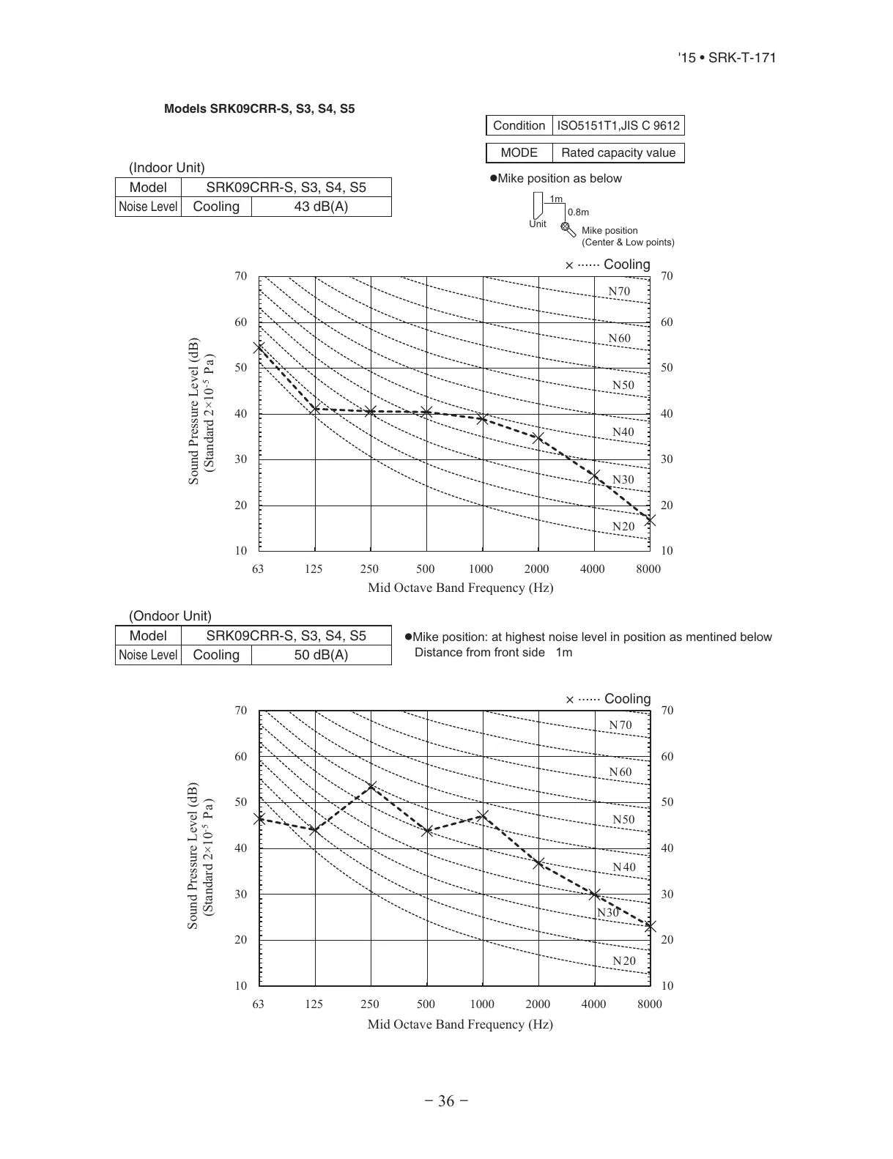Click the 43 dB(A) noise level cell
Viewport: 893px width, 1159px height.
321,207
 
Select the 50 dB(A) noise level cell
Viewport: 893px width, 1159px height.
321,655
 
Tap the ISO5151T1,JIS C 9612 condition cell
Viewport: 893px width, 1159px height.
618,125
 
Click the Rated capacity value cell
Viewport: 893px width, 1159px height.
618,152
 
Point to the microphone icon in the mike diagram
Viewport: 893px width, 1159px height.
568,229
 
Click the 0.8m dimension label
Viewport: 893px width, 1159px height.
578,212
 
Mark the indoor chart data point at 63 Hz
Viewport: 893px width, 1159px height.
259,348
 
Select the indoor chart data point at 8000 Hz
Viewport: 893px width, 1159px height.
650,520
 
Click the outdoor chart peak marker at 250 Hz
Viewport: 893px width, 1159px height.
371,787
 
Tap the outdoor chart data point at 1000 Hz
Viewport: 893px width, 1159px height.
483,815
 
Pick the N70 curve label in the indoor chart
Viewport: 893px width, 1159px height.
619,292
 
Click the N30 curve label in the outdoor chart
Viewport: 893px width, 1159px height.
608,913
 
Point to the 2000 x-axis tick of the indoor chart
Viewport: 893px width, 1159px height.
536,569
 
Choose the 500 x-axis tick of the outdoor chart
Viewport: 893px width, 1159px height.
426,1004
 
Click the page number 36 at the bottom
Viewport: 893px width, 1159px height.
446,1101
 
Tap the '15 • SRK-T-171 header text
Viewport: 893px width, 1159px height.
727,58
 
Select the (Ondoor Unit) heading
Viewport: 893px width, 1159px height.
170,616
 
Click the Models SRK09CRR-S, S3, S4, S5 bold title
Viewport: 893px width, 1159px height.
259,109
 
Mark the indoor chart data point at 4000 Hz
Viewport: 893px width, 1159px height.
595,477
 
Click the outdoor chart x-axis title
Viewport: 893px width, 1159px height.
460,1024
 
